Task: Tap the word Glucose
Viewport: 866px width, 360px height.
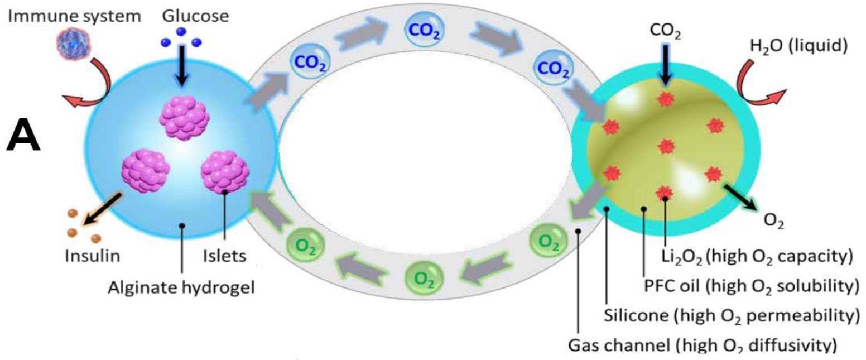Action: (195, 16)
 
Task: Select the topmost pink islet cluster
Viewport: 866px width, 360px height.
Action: (184, 118)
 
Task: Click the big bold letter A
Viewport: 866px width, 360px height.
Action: (23, 138)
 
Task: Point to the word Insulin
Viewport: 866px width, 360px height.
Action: (93, 256)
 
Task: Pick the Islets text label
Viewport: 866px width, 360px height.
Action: (225, 256)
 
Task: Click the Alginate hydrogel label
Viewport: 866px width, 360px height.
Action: (181, 287)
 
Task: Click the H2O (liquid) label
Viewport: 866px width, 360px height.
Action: (798, 46)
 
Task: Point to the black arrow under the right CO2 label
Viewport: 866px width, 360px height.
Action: (665, 64)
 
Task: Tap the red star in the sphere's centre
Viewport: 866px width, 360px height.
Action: (666, 146)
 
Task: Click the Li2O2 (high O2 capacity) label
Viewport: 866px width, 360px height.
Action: (757, 256)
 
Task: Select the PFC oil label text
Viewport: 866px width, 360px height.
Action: (751, 286)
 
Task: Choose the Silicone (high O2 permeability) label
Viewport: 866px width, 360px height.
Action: (732, 315)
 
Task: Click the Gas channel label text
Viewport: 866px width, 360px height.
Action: (703, 344)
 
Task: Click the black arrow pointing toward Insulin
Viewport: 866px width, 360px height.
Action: (102, 209)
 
